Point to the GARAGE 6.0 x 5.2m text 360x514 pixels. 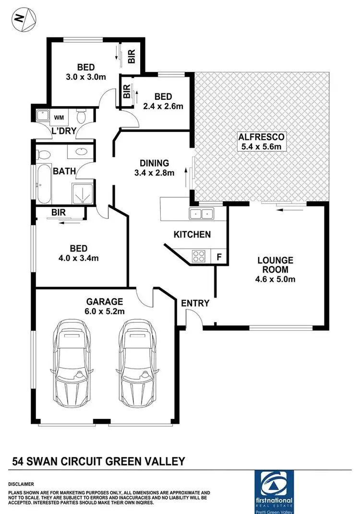coord(105,306)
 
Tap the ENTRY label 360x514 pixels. coord(195,303)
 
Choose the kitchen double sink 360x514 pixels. coord(202,214)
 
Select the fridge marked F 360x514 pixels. coord(219,256)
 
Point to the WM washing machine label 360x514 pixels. coord(59,117)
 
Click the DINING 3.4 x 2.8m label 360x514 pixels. coord(154,168)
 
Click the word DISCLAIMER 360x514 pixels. coord(22,484)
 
